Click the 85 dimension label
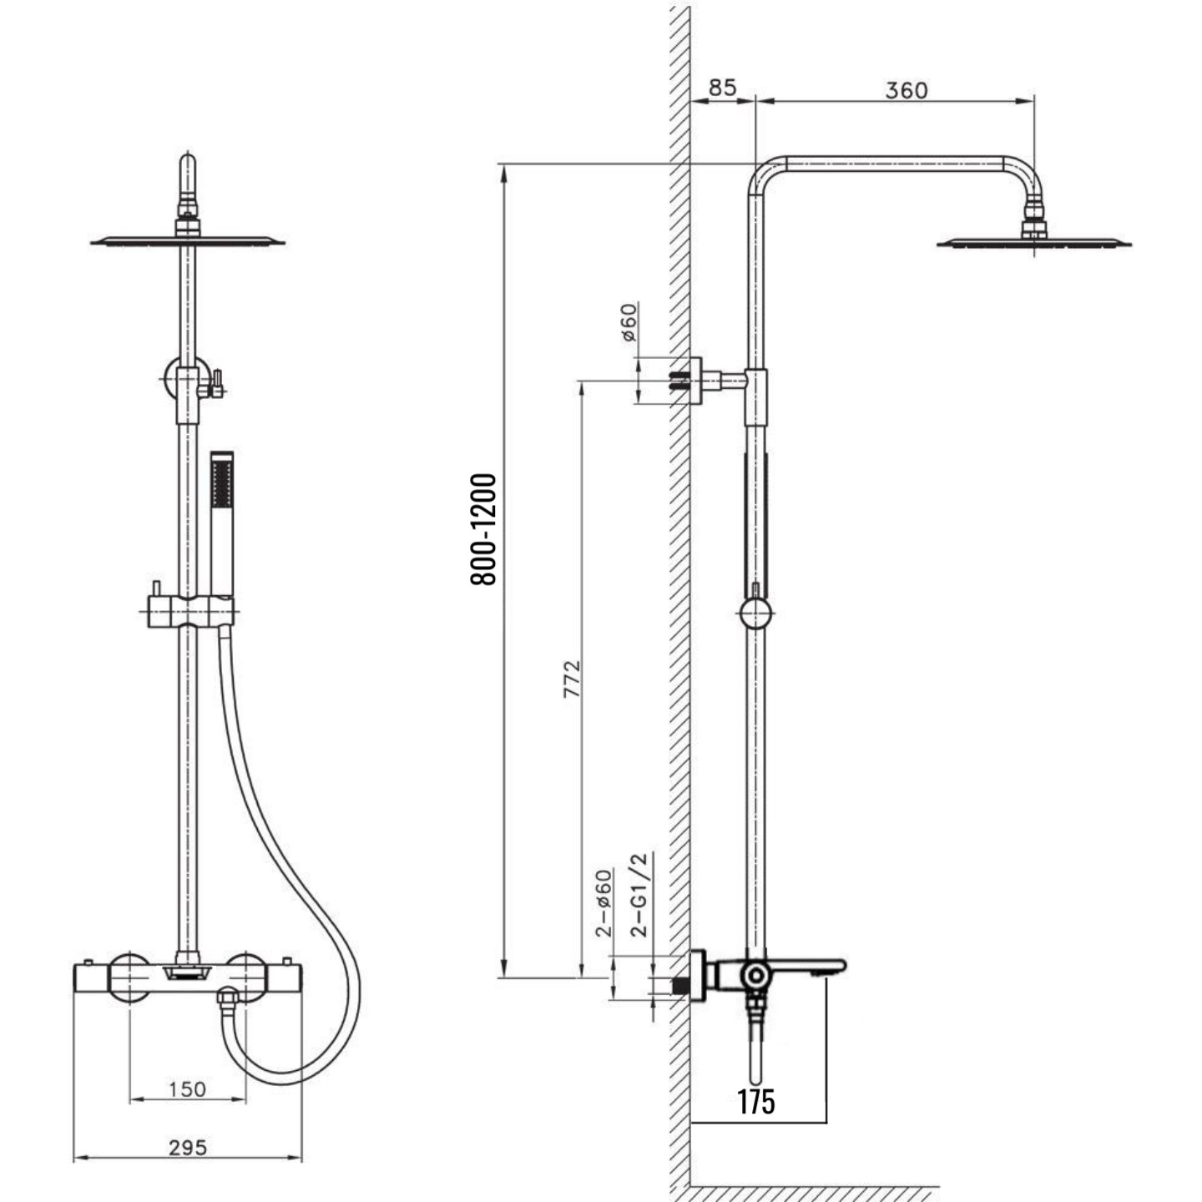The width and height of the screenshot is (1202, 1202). [722, 88]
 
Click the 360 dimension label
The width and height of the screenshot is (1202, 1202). [907, 91]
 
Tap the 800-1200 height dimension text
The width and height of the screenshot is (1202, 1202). [483, 529]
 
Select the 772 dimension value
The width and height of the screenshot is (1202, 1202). [572, 679]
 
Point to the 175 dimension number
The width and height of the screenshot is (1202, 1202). [756, 1100]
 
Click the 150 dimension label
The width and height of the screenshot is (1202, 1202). [187, 1089]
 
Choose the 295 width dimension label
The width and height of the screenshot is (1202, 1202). [187, 1147]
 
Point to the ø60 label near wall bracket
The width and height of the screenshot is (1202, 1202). [629, 322]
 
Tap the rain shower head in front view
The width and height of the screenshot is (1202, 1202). [188, 240]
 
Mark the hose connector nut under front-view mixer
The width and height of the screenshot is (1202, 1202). [228, 998]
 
